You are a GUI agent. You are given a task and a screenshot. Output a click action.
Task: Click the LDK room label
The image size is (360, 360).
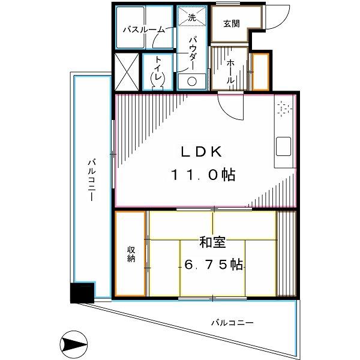click(202, 152)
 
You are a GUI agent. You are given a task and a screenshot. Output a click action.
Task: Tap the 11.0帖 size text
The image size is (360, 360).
click(203, 175)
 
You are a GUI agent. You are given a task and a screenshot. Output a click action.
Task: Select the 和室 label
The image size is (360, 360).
click(212, 242)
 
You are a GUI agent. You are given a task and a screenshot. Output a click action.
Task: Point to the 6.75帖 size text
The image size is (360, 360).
click(214, 265)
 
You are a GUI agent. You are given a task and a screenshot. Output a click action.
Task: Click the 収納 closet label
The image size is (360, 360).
click(131, 254)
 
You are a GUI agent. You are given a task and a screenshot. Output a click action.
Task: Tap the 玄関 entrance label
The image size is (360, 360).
click(232, 23)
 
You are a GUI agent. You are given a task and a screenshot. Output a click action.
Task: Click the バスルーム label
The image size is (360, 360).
click(144, 29)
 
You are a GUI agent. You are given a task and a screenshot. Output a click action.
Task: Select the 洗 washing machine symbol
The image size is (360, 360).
click(192, 16)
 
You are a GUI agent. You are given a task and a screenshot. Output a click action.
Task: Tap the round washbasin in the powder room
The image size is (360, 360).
click(192, 81)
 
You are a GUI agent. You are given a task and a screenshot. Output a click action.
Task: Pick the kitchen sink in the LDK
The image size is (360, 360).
click(283, 146)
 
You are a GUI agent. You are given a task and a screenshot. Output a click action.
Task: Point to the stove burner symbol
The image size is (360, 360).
click(284, 108)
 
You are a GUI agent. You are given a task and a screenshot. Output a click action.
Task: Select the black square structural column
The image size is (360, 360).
click(82, 293)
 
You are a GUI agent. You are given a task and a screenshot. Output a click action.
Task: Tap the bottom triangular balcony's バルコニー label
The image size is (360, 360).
click(232, 323)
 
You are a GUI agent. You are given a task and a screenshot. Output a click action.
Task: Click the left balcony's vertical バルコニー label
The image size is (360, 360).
click(92, 180)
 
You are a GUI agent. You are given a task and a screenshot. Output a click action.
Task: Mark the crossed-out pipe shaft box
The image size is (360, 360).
click(127, 72)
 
